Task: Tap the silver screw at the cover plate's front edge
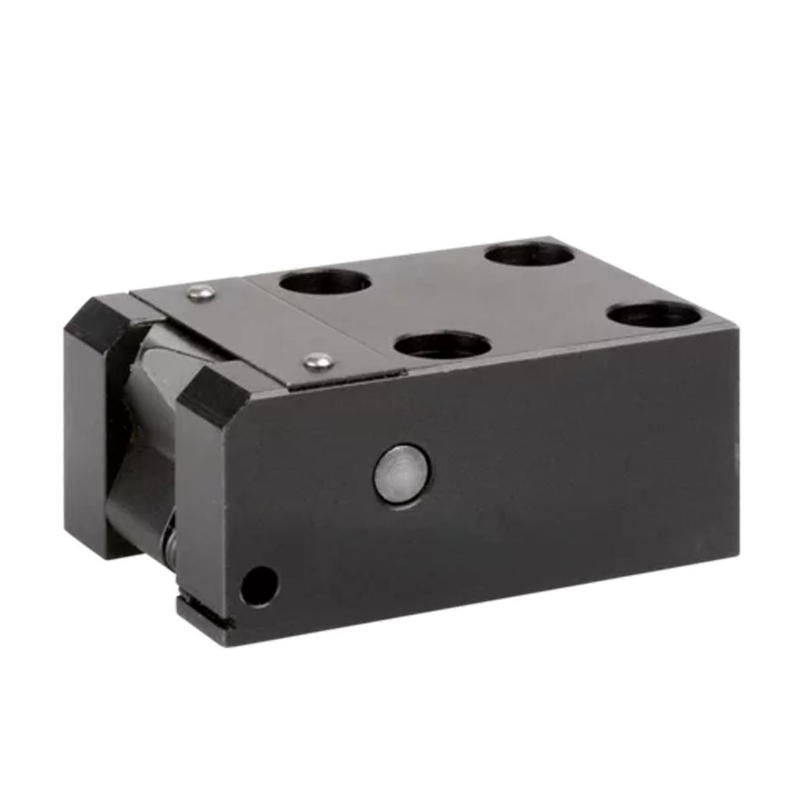point(319,361)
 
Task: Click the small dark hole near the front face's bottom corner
point(260,584)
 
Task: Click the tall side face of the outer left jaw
point(84,429)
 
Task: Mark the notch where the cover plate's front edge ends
point(402,370)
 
